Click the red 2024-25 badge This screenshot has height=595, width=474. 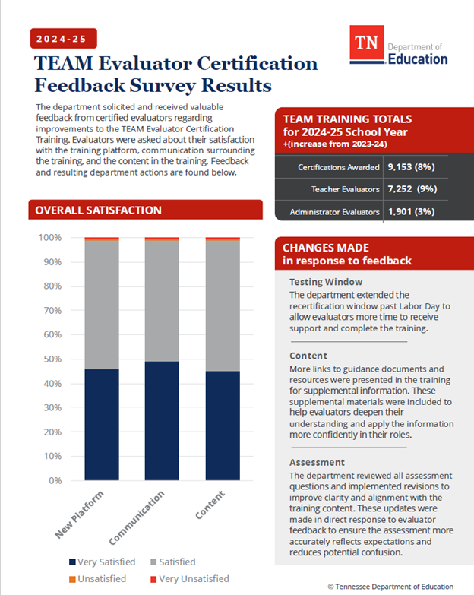tap(64, 38)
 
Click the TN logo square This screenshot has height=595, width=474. tap(367, 46)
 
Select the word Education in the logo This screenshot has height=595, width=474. tap(418, 59)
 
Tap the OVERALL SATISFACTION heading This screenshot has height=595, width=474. tap(99, 210)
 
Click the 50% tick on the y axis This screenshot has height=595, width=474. tap(52, 359)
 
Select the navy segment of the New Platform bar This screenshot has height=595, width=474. tap(101, 425)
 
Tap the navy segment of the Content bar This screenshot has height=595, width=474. tap(223, 426)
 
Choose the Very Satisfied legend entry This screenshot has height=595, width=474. tap(102, 562)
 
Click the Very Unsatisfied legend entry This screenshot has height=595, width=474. tap(191, 579)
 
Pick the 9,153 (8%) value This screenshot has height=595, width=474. tap(411, 166)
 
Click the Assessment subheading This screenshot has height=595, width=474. tap(318, 462)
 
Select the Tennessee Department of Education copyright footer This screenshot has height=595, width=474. tap(390, 587)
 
